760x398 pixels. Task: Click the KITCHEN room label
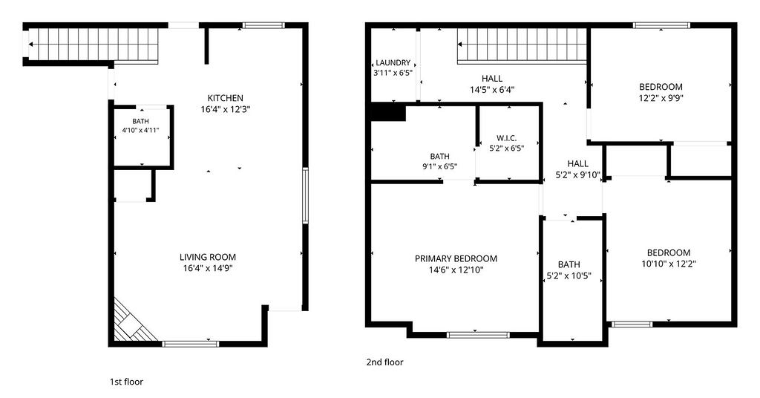tap(226, 98)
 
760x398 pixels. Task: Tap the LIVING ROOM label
tap(208, 258)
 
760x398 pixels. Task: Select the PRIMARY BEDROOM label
tap(456, 259)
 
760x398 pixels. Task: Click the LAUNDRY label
tap(393, 62)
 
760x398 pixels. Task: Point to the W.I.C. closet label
tap(506, 138)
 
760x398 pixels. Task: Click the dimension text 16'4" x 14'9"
tap(208, 269)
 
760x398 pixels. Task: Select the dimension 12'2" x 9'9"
tap(661, 98)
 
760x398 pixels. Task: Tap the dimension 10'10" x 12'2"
tap(669, 264)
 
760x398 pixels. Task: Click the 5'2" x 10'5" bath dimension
tap(569, 276)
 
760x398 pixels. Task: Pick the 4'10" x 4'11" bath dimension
tap(140, 130)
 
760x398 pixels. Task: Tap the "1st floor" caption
tap(126, 382)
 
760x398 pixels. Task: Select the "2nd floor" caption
tap(384, 362)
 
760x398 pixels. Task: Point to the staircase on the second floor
tap(522, 46)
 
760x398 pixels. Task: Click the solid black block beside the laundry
tap(387, 112)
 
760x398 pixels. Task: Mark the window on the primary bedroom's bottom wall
tap(478, 334)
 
